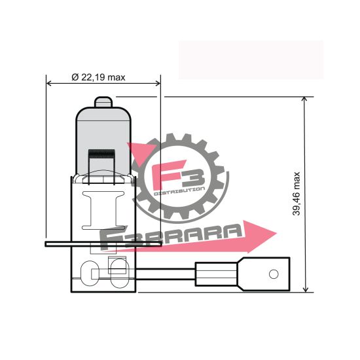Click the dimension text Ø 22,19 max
(x=98, y=77)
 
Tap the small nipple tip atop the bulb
(x=103, y=102)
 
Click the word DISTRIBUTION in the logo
(x=179, y=190)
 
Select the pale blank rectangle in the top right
(x=251, y=60)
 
